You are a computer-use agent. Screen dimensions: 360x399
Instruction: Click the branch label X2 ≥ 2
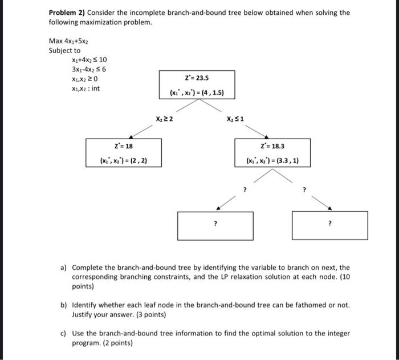coord(164,119)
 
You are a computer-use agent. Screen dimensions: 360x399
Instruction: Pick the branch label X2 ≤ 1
coord(234,119)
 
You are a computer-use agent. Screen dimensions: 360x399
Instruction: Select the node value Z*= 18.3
coord(272,147)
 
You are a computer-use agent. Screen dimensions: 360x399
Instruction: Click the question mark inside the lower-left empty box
coord(215,224)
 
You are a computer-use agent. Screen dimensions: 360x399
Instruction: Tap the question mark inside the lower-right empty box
coord(329,224)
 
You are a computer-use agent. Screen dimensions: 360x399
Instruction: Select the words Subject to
coord(64,50)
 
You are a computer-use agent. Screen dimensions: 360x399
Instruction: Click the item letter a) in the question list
coord(63,267)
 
